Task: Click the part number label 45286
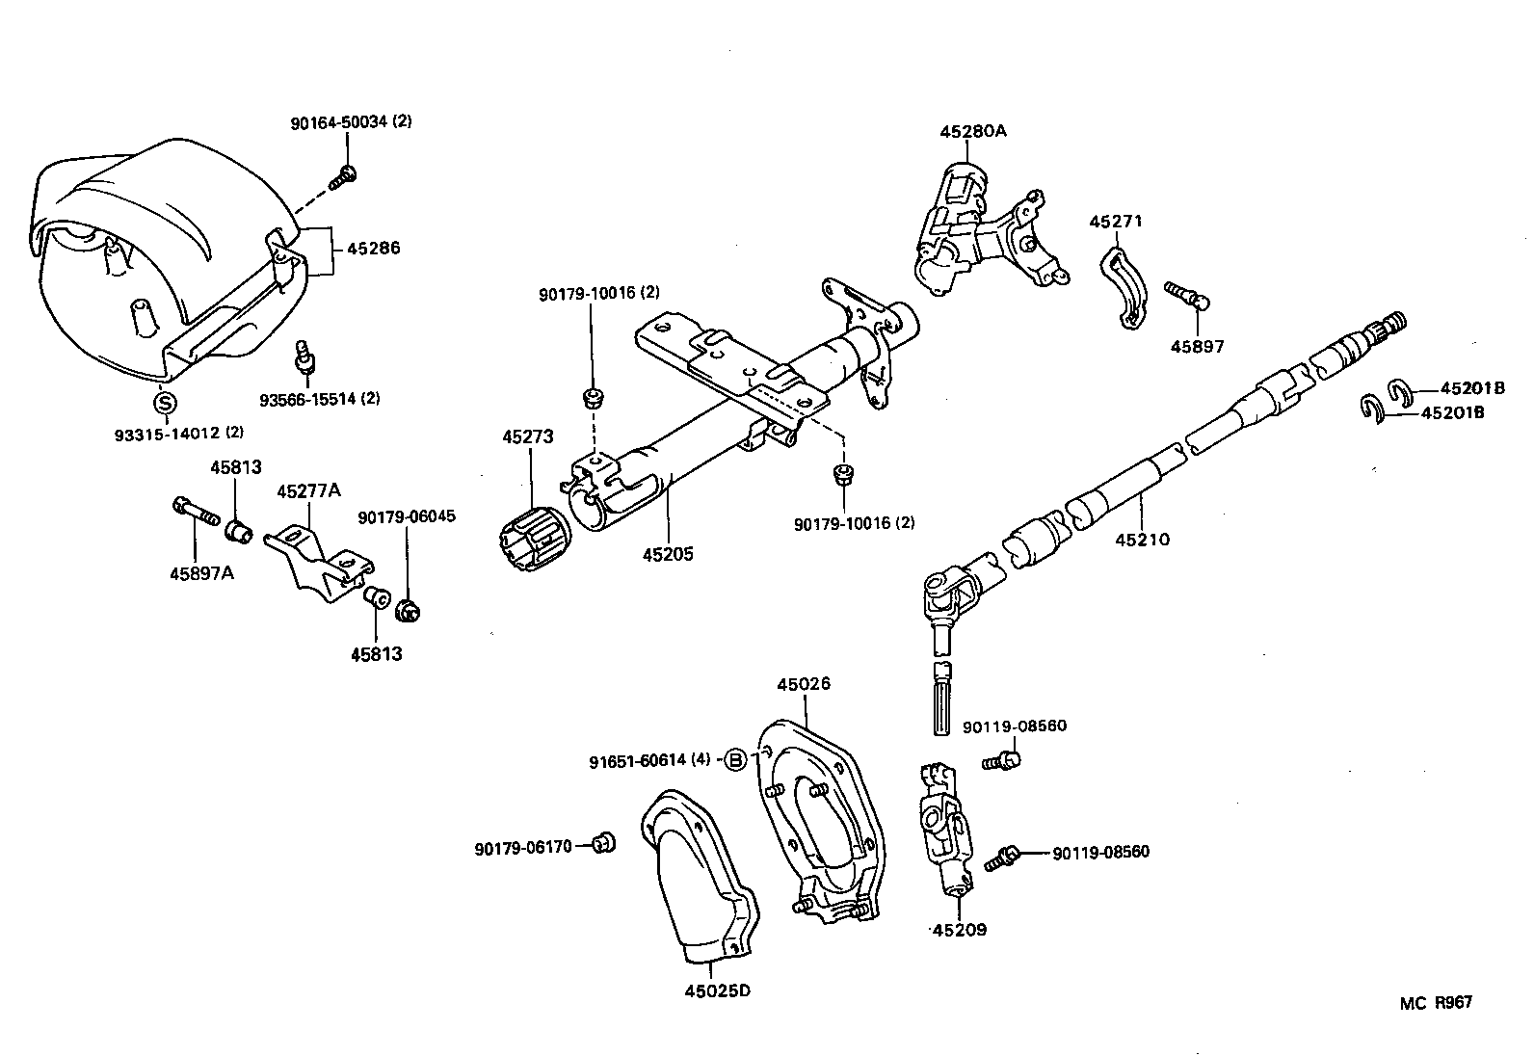click(373, 249)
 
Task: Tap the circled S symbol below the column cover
click(166, 403)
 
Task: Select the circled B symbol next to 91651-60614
click(735, 760)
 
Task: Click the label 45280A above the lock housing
click(972, 131)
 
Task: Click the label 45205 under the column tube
click(669, 555)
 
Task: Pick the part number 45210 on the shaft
click(1142, 540)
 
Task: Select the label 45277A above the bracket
click(308, 491)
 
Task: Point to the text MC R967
click(1437, 1003)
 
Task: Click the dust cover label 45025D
click(717, 990)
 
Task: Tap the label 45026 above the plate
click(804, 685)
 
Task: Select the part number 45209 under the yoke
click(960, 931)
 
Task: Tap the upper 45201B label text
click(1472, 388)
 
